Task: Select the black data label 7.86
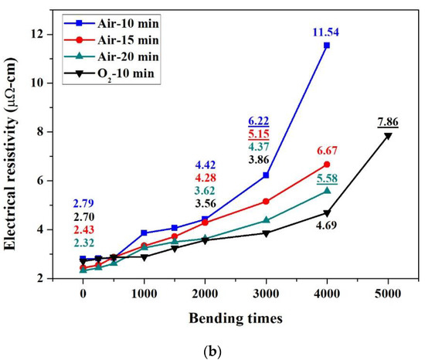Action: click(389, 122)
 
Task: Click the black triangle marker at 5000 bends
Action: click(388, 135)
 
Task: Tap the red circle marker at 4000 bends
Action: click(327, 165)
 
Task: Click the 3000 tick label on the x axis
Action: click(266, 294)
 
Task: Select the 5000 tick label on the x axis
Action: click(388, 294)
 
